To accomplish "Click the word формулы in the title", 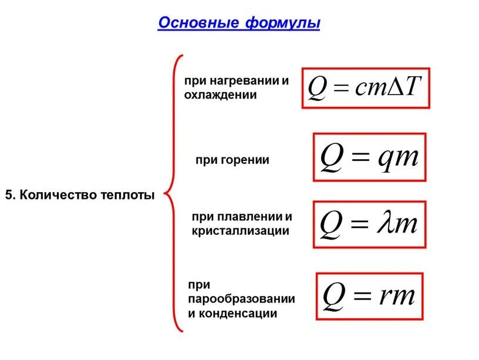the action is coord(283,24).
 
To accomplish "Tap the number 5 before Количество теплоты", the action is coord(8,194).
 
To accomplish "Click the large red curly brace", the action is coord(173,194).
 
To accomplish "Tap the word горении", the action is coord(245,159).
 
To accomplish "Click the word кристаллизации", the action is coord(241,231).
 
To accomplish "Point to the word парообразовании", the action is coord(241,299).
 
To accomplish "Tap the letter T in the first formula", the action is coord(413,88).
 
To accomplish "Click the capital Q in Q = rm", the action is coord(333,295).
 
